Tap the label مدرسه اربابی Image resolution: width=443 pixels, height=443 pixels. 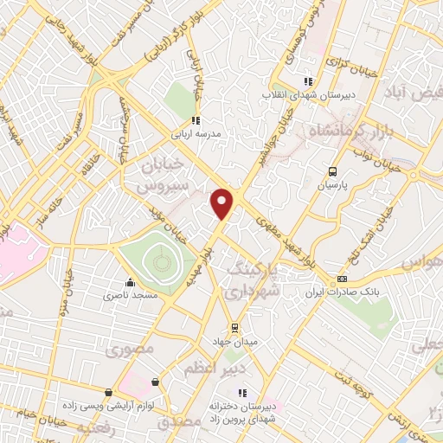(x=199, y=135)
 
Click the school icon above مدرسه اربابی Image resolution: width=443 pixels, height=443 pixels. (x=196, y=121)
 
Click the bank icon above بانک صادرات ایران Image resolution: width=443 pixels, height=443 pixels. (x=343, y=279)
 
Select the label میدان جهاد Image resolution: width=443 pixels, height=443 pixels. (x=234, y=341)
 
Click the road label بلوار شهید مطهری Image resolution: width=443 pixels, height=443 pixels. (x=291, y=247)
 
